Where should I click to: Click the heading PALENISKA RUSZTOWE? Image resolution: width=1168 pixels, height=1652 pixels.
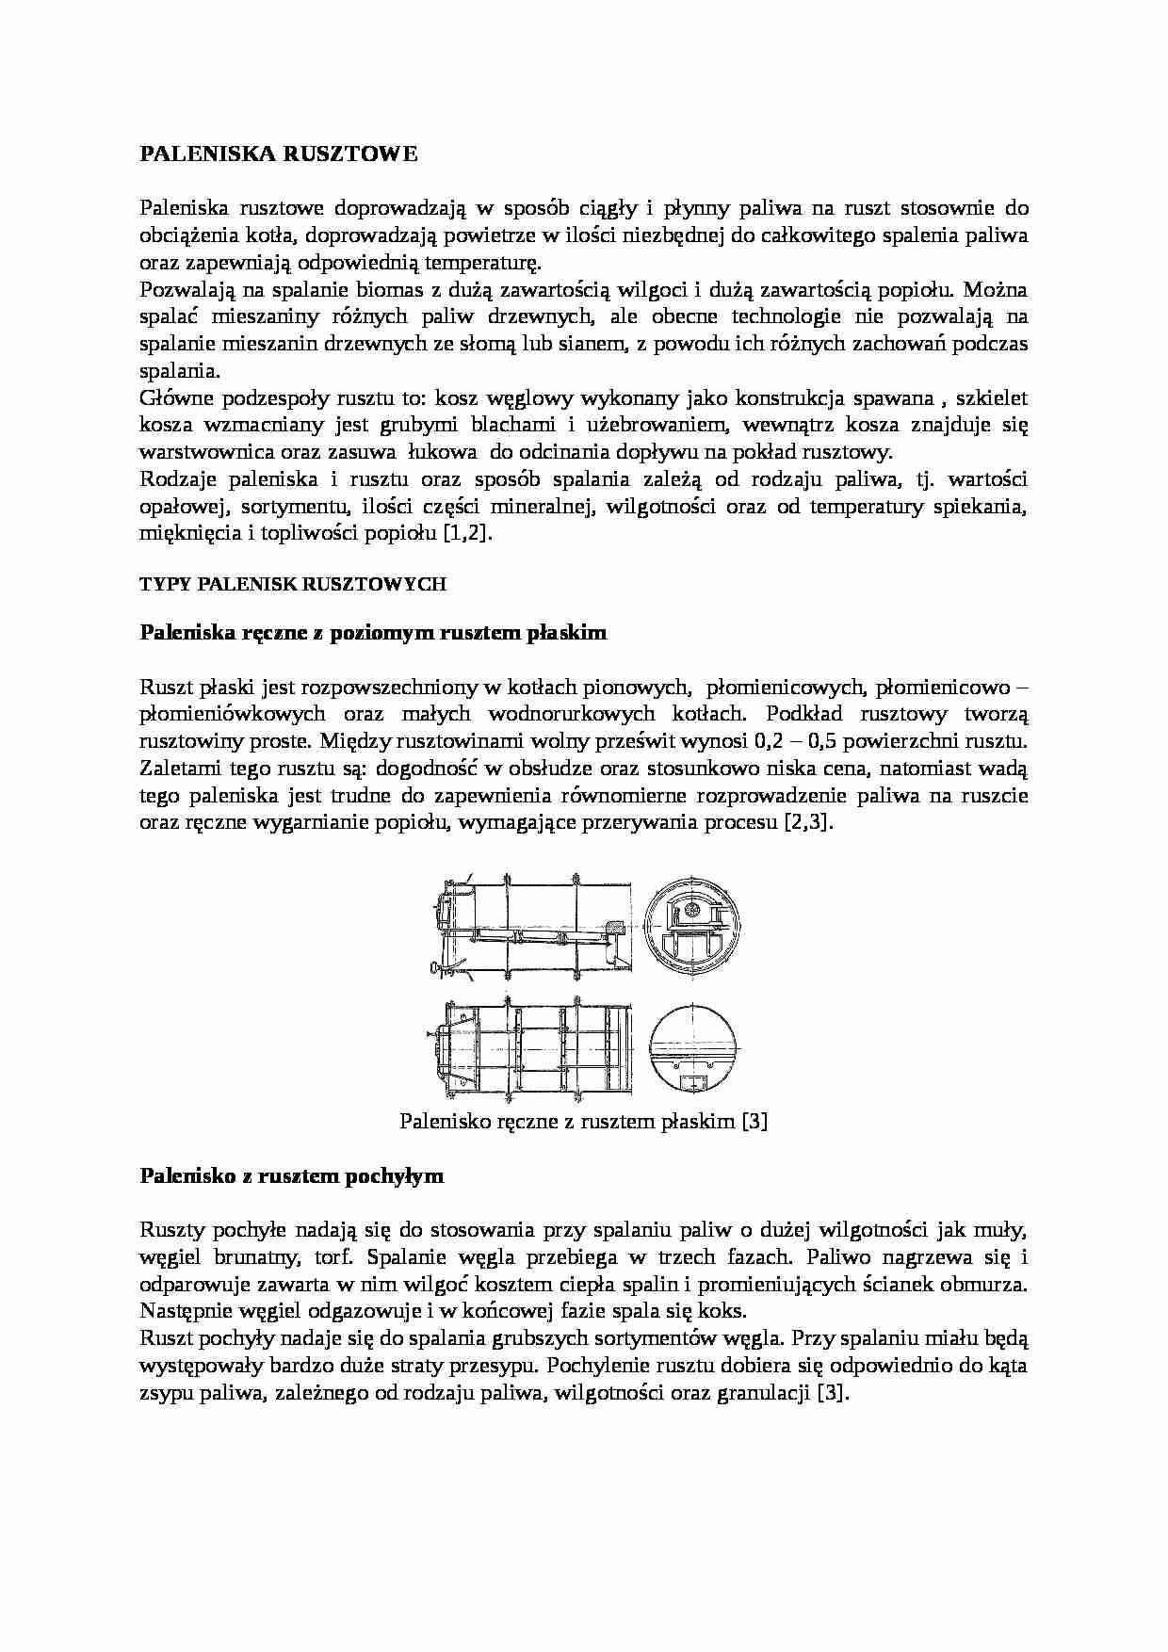coord(278,154)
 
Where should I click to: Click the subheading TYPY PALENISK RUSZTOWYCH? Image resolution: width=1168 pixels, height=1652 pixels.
coord(292,585)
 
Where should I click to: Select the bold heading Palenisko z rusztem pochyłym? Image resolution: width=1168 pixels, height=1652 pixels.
coord(291,1176)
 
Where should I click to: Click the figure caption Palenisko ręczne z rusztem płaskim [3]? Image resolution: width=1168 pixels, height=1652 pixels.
coord(583,1122)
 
